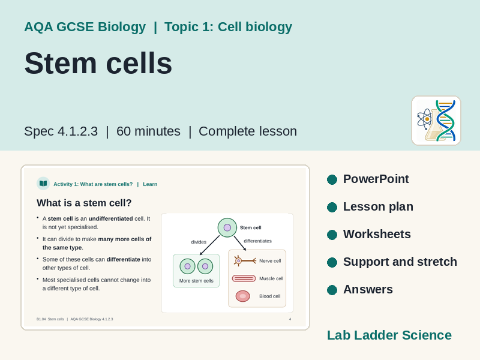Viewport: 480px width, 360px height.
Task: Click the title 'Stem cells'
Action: (98, 64)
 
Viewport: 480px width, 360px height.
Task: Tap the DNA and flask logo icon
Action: (436, 121)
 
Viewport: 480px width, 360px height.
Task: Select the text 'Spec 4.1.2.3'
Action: (61, 131)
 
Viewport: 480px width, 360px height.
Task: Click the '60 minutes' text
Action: (148, 131)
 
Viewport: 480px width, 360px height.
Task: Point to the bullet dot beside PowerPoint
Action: (332, 179)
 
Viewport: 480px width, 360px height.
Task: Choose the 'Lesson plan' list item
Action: (378, 206)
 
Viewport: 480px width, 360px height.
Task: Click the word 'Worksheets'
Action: (377, 234)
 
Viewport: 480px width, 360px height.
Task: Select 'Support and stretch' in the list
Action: (400, 262)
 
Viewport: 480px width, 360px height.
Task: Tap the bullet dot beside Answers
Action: (332, 290)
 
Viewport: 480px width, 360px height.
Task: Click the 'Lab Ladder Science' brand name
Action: (389, 335)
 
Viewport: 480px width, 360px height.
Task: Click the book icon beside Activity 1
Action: (43, 184)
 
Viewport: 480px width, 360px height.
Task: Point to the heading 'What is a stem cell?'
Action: (84, 203)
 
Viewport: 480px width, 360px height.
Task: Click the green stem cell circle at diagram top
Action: (227, 227)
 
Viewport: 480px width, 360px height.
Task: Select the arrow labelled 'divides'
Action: (209, 245)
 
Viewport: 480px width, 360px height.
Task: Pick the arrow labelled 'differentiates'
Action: (241, 244)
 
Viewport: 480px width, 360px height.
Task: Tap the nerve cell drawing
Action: (245, 261)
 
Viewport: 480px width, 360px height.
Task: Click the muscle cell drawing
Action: (244, 278)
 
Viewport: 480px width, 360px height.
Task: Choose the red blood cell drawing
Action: (243, 296)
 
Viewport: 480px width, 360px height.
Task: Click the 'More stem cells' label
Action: (196, 281)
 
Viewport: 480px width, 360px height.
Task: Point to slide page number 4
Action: (290, 319)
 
